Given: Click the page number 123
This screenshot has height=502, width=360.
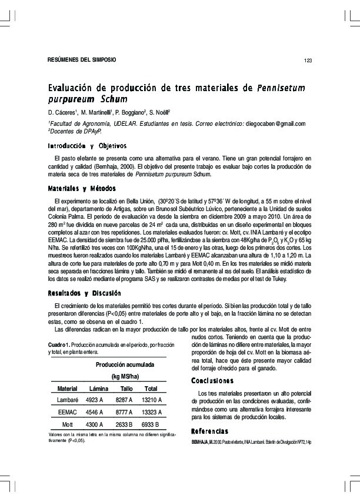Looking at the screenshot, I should tap(308, 60).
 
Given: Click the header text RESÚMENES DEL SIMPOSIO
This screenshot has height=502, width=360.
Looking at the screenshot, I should tap(82, 60).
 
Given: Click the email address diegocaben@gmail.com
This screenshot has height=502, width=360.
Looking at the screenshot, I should tap(275, 123).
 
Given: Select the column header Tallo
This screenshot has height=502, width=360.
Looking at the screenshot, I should tap(126, 389).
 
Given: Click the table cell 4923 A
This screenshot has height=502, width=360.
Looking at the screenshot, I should tap(95, 400).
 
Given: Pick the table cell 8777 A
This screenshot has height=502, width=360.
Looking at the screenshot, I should tap(126, 412).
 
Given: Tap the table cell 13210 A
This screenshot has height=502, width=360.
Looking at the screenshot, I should tap(152, 400).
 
